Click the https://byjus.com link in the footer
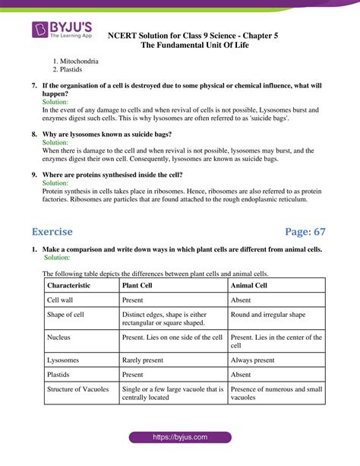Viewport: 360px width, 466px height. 179,438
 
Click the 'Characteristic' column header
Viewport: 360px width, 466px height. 68,285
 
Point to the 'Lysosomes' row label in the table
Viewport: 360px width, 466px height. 64,360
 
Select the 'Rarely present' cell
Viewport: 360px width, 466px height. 145,360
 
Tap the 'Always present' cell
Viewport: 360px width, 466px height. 253,360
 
